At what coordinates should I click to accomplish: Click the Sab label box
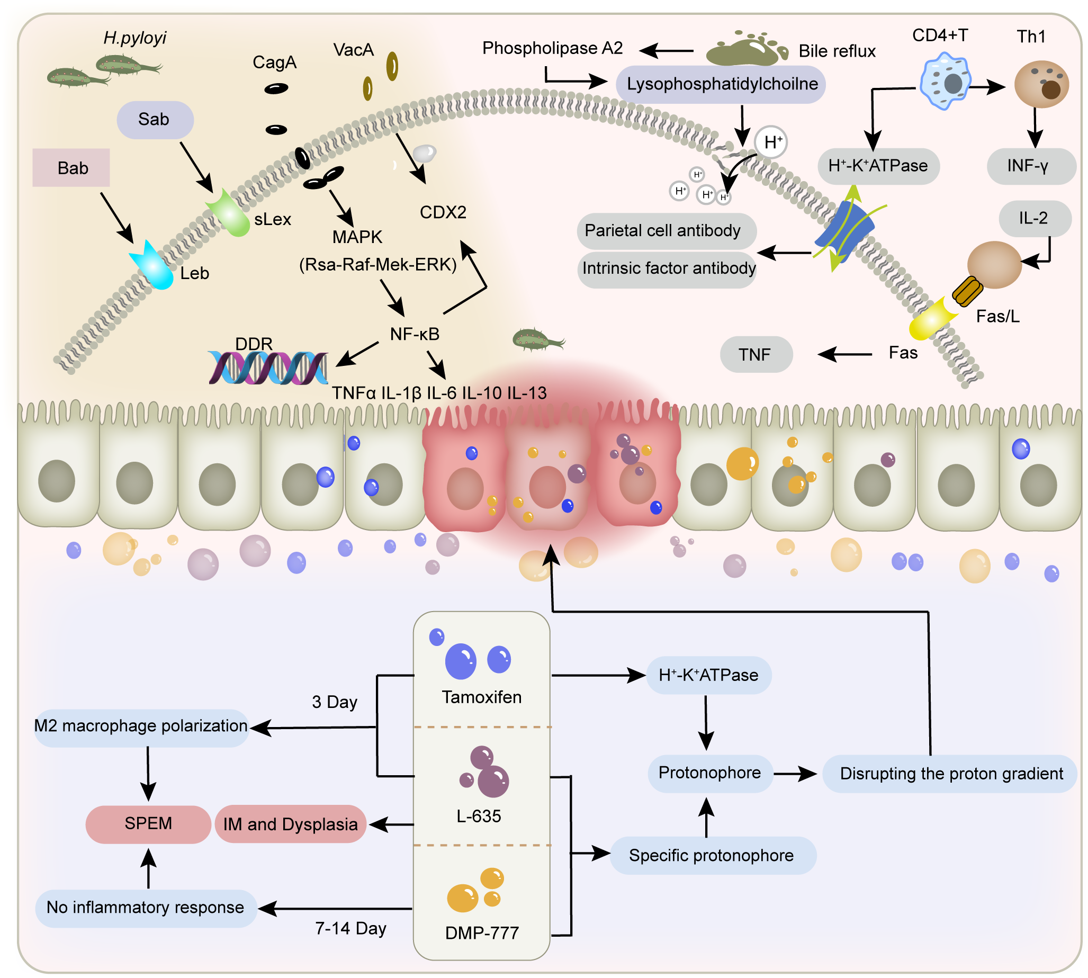(155, 120)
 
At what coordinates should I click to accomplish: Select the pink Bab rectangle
(71, 168)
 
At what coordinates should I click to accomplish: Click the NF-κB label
(414, 334)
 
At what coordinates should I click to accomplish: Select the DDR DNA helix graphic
(267, 368)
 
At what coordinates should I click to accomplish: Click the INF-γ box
(1030, 166)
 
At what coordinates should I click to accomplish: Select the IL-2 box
(1035, 218)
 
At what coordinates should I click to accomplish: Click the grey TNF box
(756, 355)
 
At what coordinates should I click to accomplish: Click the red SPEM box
(148, 824)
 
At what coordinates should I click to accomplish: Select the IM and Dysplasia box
(290, 824)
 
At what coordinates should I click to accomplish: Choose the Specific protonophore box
(712, 855)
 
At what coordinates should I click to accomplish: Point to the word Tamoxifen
(481, 697)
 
